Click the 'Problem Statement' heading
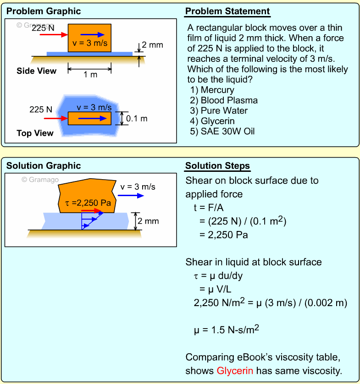pos(227,11)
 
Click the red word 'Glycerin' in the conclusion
pos(235,370)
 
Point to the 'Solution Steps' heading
pos(217,166)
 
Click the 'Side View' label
pos(37,71)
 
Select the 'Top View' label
pos(35,133)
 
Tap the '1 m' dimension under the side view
pos(90,75)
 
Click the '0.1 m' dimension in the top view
pos(137,119)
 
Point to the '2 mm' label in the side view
pos(152,45)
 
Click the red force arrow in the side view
pos(50,34)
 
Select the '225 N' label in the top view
pos(41,110)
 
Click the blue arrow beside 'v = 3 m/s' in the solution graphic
pos(134,196)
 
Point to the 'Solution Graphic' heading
pos(44,166)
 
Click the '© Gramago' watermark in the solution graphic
pos(40,180)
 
